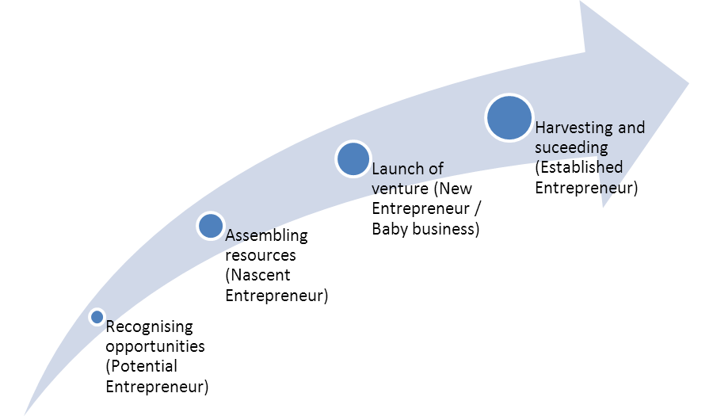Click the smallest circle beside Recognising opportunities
97,317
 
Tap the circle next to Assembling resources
211,226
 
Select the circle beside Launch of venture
353,159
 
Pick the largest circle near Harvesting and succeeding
509,118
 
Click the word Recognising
150,327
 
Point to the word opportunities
155,347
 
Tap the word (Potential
142,366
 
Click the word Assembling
266,236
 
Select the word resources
261,256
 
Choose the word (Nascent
257,276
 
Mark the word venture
400,189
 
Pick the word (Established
579,168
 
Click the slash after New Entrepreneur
477,208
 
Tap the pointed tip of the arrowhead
688,84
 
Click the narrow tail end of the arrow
25,414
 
